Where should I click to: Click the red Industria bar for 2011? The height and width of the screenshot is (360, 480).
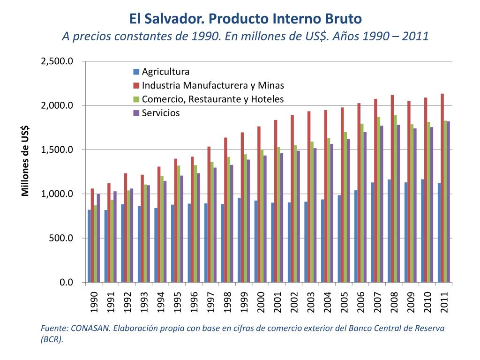tap(442, 187)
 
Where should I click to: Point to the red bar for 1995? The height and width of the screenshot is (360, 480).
tap(176, 220)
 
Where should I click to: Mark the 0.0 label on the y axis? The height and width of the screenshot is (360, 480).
tap(66, 282)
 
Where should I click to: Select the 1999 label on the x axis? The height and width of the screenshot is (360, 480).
tap(244, 303)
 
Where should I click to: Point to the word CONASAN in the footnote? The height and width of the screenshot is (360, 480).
tap(89, 328)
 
